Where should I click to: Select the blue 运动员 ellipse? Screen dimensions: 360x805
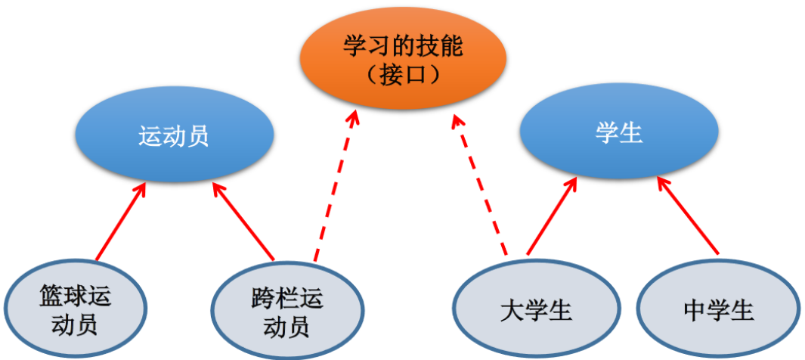point(173,136)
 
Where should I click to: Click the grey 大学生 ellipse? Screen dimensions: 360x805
point(535,310)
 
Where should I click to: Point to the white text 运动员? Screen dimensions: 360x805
point(173,136)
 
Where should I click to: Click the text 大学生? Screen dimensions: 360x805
point(535,310)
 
